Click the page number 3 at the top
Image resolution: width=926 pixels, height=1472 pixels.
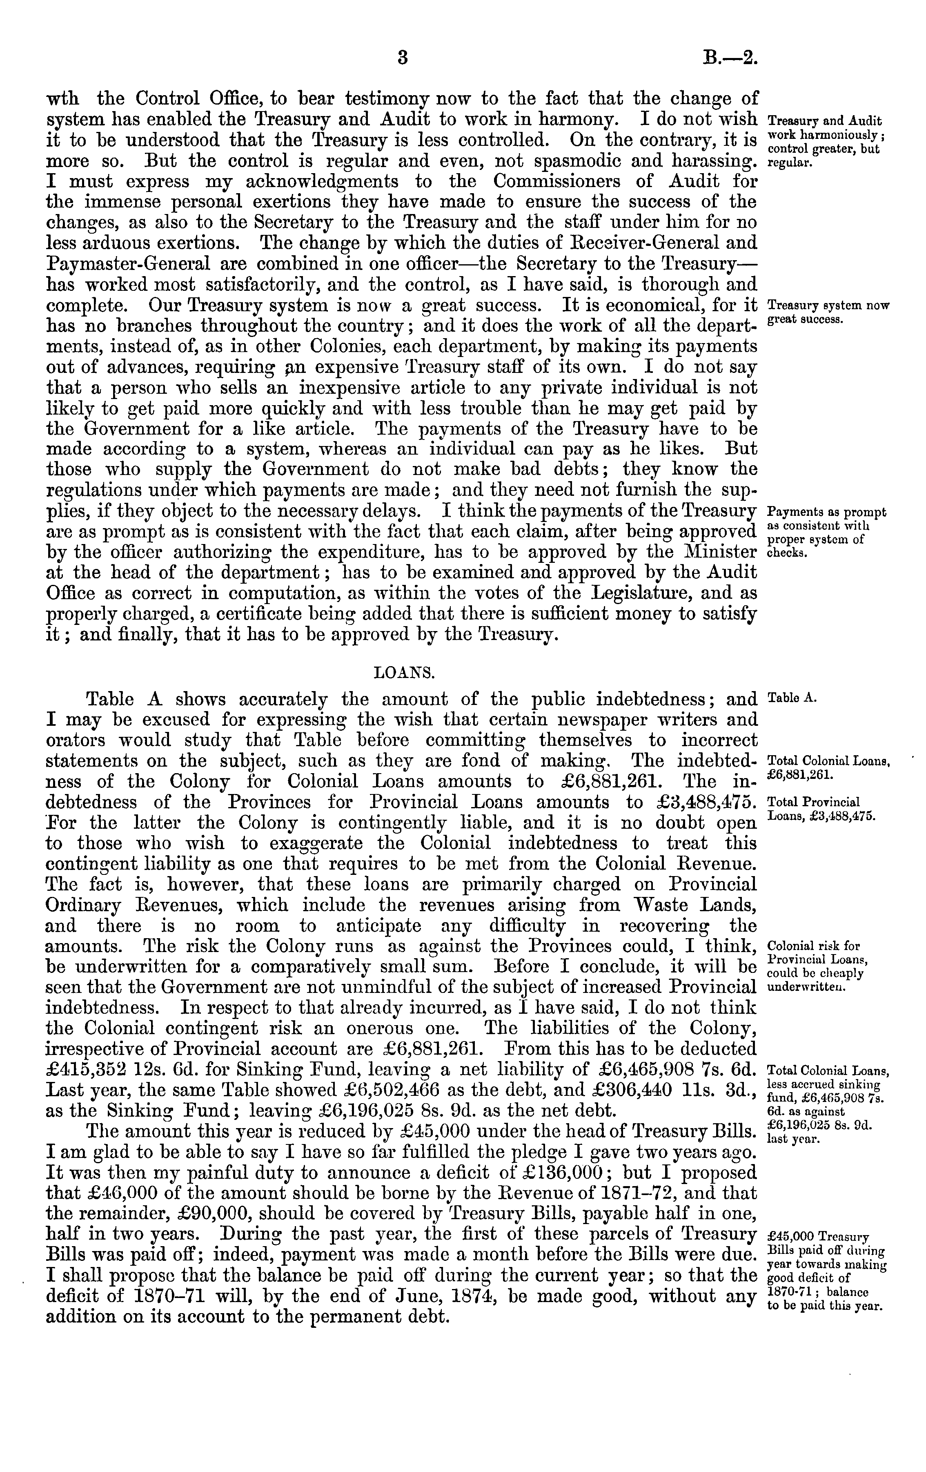point(402,58)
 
